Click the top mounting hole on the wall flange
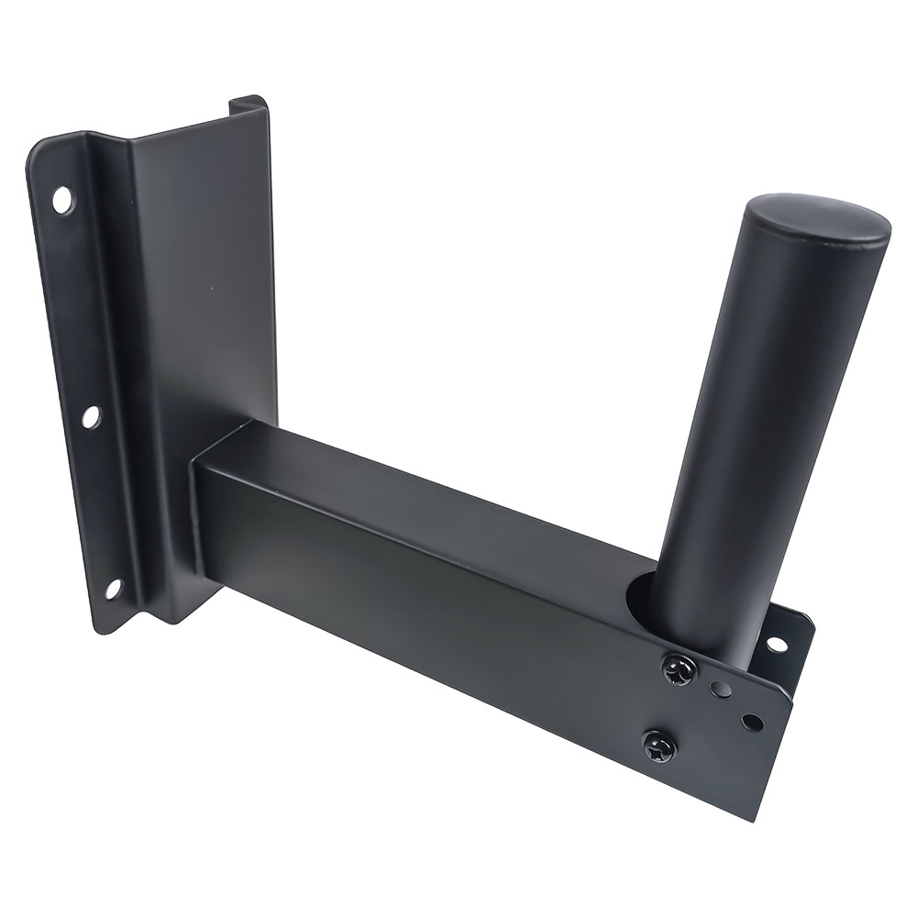(x=62, y=199)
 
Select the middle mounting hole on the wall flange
(x=90, y=416)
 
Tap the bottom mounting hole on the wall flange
(x=113, y=588)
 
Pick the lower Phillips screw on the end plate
(x=658, y=747)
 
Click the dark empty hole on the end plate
(x=752, y=722)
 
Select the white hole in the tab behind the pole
(x=777, y=645)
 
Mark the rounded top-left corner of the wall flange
(x=39, y=151)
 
